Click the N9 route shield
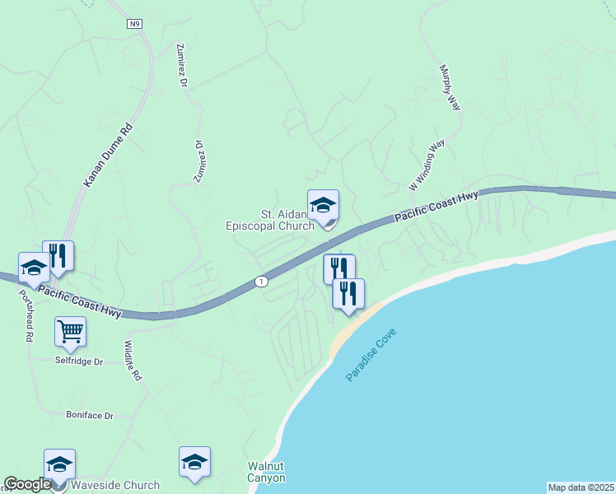135,25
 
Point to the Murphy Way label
449,88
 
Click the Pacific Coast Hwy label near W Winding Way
436,207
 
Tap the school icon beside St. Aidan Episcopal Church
323,205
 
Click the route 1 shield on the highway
261,282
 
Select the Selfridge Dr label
80,361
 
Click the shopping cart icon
70,331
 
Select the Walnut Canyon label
267,472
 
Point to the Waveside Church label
115,485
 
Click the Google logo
27,484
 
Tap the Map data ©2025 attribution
581,487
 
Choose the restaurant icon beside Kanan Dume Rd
58,255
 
